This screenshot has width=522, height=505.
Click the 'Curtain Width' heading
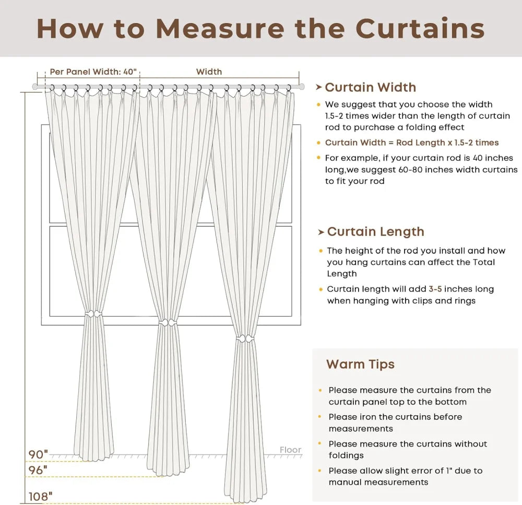tap(370, 87)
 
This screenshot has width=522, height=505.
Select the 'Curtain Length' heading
tap(375, 232)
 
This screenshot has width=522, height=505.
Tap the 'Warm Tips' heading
tap(360, 364)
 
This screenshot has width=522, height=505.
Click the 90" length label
tap(38, 455)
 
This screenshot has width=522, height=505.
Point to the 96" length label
tap(38, 470)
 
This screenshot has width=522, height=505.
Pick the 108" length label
tap(40, 497)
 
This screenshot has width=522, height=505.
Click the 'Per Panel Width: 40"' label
tap(92, 72)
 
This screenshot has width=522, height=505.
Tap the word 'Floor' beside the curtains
tap(290, 450)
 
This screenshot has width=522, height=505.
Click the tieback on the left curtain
tap(93, 314)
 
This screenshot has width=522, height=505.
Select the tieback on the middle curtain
tap(168, 323)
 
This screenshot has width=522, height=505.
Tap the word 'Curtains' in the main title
tap(420, 29)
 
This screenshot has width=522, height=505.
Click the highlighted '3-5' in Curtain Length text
tap(435, 289)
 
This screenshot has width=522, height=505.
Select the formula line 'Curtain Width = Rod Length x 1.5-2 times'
tap(412, 143)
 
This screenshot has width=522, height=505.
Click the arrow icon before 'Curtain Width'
tap(319, 87)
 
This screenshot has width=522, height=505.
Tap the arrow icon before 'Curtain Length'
tap(321, 232)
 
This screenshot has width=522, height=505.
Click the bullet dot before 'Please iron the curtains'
tap(320, 417)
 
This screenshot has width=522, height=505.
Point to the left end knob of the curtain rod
tap(35, 87)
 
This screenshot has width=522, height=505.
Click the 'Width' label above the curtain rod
tap(209, 72)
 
